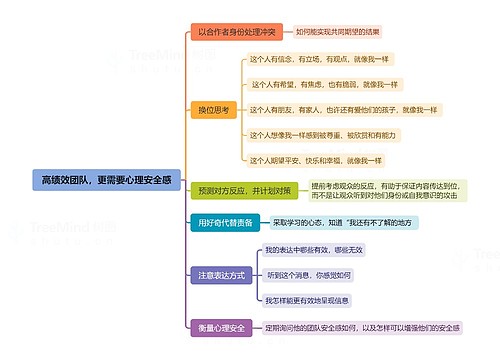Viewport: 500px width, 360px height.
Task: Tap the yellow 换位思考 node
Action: pyautogui.click(x=214, y=109)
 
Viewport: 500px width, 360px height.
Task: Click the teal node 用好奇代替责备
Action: pyautogui.click(x=225, y=222)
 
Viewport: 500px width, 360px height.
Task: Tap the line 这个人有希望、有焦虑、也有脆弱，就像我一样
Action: pyautogui.click(x=324, y=84)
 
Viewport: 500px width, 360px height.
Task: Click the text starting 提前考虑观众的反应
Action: pyautogui.click(x=384, y=189)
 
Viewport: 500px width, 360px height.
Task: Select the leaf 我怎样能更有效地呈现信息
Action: pyautogui.click(x=313, y=299)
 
